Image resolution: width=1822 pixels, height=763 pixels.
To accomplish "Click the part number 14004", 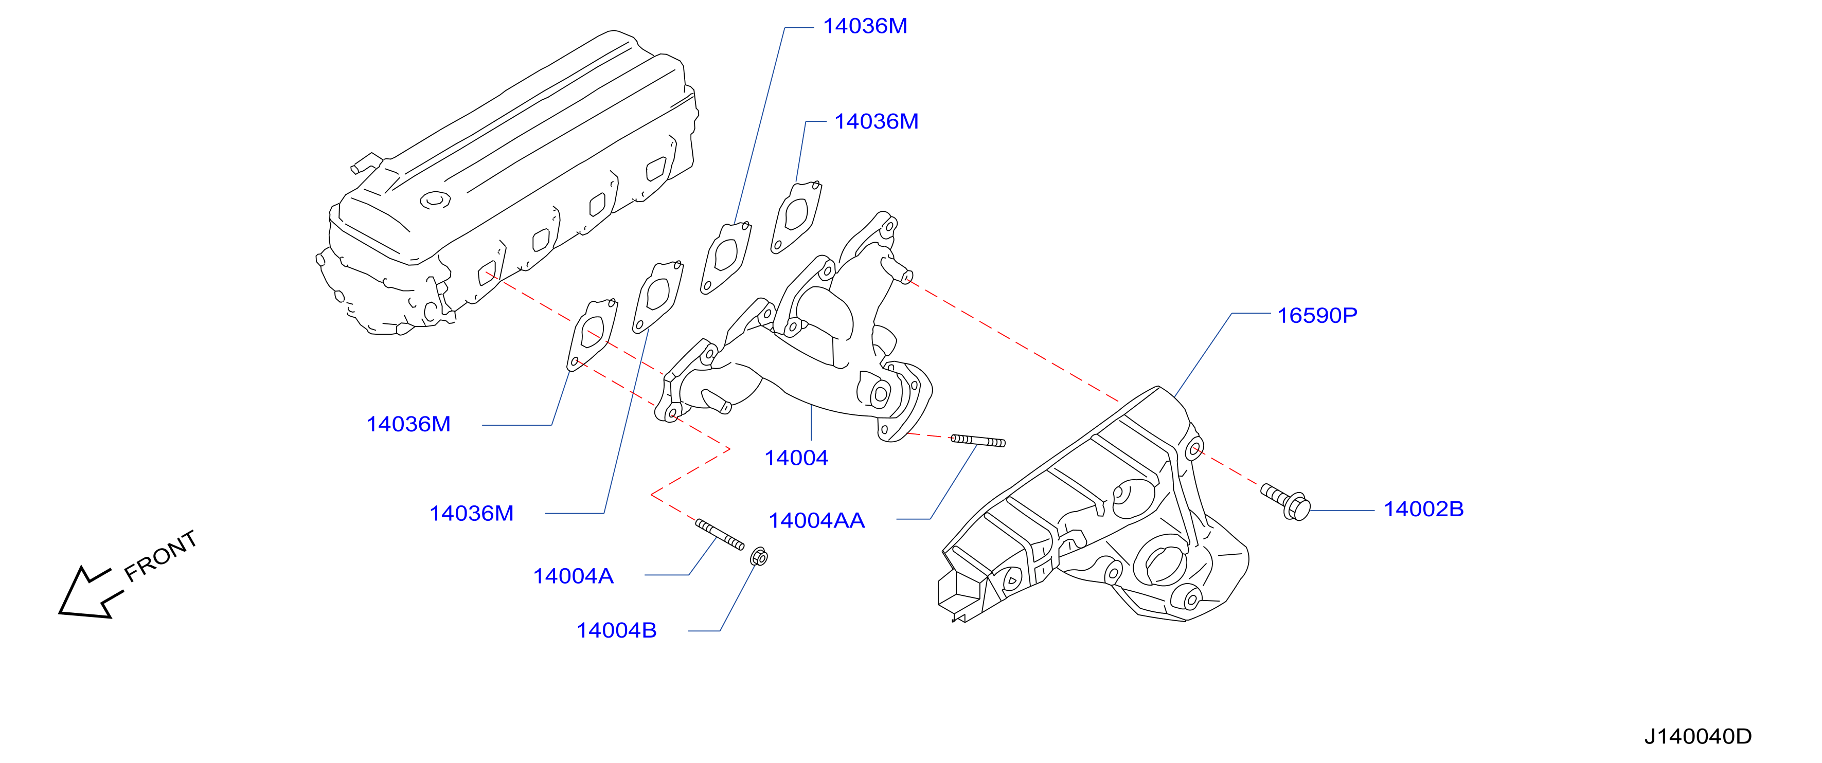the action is [x=796, y=458].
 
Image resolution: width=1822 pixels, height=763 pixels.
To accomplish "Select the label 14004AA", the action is [x=816, y=521].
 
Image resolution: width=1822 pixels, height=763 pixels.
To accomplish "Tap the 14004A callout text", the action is [x=573, y=576].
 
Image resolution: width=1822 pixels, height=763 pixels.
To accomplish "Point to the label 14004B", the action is [x=616, y=631].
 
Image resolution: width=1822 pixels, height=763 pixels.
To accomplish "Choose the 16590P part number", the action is [x=1317, y=315].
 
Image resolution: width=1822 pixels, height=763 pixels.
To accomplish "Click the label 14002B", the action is [x=1423, y=509].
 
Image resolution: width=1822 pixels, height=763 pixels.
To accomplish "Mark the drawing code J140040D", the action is [x=1698, y=737].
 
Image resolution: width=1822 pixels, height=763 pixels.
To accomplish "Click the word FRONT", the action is [x=160, y=556].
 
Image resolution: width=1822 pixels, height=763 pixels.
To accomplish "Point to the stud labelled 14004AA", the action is [x=977, y=441].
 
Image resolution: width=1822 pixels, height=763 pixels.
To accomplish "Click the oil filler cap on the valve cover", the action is [x=435, y=200].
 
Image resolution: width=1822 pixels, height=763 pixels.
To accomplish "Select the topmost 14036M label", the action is [x=865, y=26].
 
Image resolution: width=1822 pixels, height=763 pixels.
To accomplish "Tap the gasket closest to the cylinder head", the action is [x=592, y=333].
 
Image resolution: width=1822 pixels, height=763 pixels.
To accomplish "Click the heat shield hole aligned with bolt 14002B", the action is [x=1194, y=448].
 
